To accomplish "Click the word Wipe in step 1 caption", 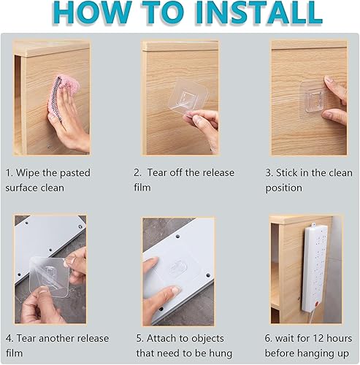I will coord(39,173).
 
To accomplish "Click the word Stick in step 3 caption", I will coord(296,173).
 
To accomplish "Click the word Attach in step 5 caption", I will coord(165,339).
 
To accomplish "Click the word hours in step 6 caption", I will coord(348,339).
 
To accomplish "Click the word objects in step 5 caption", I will coord(209,339).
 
